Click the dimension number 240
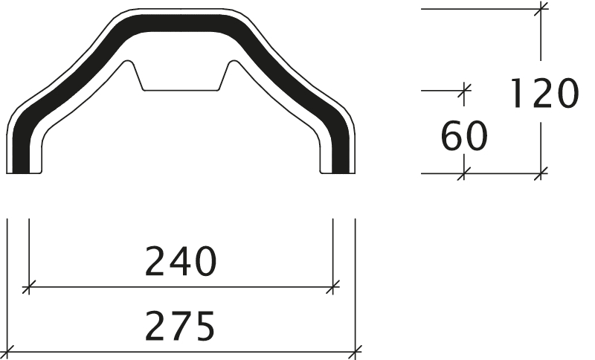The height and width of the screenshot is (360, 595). point(181,261)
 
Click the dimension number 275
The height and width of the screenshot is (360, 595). point(180,326)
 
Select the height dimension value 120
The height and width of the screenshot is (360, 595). point(544,93)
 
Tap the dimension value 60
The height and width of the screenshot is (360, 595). point(464,136)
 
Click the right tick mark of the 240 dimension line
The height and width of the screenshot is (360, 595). point(332,287)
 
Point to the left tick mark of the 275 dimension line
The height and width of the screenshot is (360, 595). point(7,352)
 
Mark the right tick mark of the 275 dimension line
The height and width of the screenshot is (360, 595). point(356,352)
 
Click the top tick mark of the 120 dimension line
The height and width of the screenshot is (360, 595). point(541,9)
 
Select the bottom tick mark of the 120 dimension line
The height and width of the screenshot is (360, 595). point(541,173)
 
